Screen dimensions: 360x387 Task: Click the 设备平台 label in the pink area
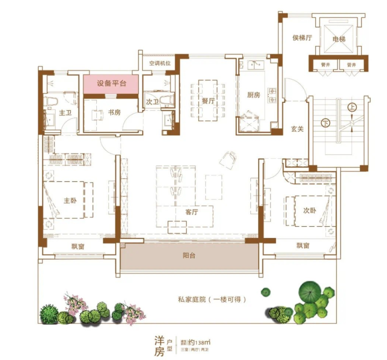click(x=111, y=83)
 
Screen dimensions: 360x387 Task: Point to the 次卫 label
click(x=152, y=102)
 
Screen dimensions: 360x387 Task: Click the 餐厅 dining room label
click(x=208, y=101)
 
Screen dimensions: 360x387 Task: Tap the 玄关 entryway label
click(x=297, y=129)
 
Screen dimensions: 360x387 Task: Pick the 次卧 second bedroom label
click(x=310, y=211)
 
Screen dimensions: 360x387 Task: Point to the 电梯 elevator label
click(x=339, y=39)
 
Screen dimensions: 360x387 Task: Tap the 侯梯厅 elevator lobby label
click(x=302, y=38)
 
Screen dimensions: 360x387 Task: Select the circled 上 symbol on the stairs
click(x=351, y=108)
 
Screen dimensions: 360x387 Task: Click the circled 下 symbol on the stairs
click(x=326, y=123)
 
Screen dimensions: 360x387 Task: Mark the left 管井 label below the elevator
click(x=326, y=64)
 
